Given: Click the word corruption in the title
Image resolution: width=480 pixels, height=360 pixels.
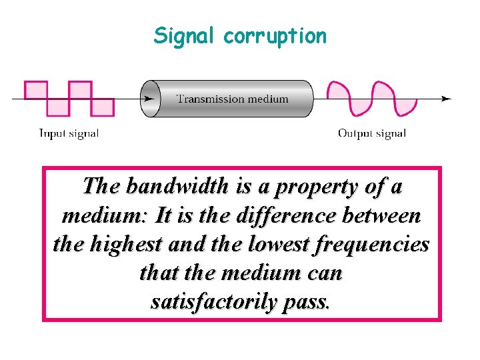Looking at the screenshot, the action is (x=275, y=36).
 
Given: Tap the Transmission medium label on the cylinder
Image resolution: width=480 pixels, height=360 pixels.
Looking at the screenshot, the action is (x=232, y=99).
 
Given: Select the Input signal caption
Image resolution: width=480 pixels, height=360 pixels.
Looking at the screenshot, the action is (x=69, y=133).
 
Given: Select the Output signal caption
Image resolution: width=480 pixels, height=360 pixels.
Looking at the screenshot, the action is (x=372, y=133).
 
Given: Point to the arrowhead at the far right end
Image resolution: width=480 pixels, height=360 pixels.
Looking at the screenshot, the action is (x=447, y=99).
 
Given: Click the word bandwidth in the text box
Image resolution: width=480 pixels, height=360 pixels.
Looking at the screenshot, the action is (x=177, y=186).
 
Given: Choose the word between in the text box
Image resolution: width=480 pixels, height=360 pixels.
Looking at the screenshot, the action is (x=386, y=215).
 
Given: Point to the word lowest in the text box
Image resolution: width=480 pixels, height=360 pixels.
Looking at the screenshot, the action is (x=275, y=245).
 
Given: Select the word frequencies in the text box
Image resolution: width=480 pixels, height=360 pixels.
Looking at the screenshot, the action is (x=373, y=245).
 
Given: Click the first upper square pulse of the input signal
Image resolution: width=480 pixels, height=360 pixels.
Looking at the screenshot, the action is (x=36, y=90).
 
